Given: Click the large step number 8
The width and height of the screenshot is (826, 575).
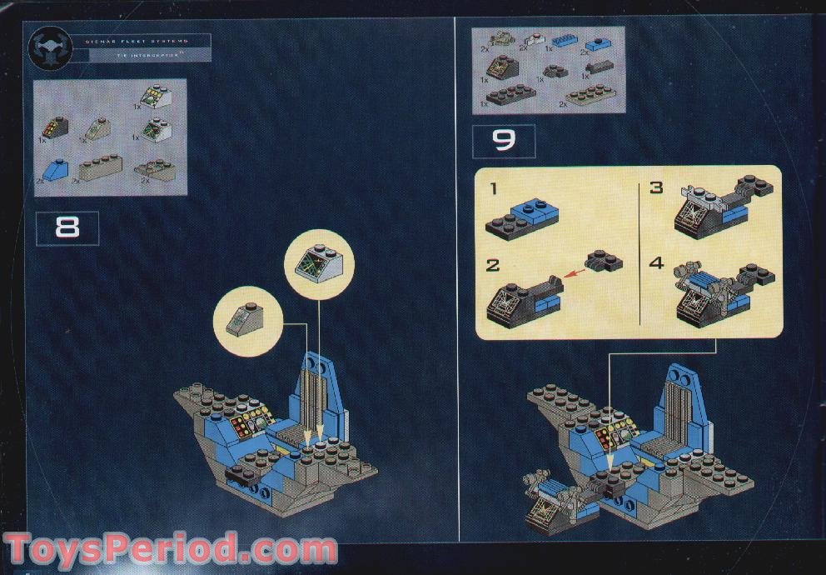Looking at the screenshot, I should point(67,228).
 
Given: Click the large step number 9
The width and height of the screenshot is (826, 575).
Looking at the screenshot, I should point(504,141).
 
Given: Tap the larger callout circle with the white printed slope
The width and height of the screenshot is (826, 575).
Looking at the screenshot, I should point(320,263).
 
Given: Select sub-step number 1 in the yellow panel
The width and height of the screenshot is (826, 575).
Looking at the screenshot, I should point(493,189).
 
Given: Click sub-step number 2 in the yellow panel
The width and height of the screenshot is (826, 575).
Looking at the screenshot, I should point(493,265).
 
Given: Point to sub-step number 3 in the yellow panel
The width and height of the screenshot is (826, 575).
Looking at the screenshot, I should point(657,188).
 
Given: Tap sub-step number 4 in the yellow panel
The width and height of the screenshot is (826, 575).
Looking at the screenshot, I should point(657,264).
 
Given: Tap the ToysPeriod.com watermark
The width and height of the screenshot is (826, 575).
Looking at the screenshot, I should point(171,550).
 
